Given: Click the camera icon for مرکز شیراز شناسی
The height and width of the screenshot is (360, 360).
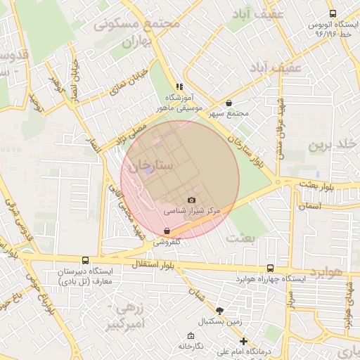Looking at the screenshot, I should point(191,200).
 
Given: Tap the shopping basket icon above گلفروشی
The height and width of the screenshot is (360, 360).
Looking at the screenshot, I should point(167,231).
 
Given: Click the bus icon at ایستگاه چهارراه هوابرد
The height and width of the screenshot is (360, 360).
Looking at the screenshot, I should point(271,268).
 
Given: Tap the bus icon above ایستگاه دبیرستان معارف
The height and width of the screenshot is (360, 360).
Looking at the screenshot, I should point(85,260).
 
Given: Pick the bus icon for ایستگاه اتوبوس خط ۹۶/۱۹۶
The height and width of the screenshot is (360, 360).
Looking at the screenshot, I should point(333,13).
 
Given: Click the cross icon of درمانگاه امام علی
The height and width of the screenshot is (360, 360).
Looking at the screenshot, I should point(244,341).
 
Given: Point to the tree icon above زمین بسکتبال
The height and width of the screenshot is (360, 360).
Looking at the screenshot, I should point(220,310).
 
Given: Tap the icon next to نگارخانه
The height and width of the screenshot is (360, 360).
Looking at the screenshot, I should point(191,335).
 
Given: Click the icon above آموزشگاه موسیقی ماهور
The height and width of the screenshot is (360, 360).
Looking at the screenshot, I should point(179,86).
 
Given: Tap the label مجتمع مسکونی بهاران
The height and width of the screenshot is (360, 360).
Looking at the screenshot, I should point(137,32).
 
